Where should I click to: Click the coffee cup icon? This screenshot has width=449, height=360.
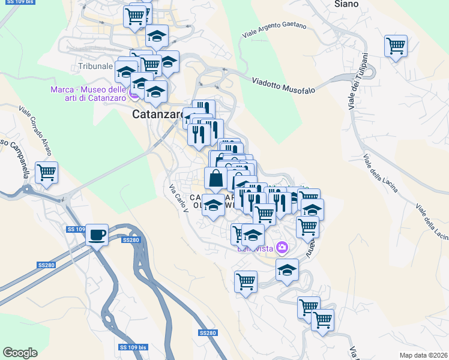pyautogui.click(x=96, y=234)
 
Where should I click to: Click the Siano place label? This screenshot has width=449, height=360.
pyautogui.click(x=346, y=4)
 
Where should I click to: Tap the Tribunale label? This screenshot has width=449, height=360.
pyautogui.click(x=95, y=66)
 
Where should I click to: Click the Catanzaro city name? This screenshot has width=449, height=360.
pyautogui.click(x=158, y=114)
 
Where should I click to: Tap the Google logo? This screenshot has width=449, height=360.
pyautogui.click(x=20, y=353)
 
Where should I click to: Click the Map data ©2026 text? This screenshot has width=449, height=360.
pyautogui.click(x=424, y=355)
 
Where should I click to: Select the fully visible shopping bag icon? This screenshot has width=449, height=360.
pyautogui.click(x=215, y=178)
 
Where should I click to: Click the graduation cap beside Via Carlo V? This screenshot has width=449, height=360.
pyautogui.click(x=212, y=205)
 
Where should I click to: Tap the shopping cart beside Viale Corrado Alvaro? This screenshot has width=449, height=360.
pyautogui.click(x=46, y=172)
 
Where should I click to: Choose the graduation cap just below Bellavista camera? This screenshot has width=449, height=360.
pyautogui.click(x=288, y=269)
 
